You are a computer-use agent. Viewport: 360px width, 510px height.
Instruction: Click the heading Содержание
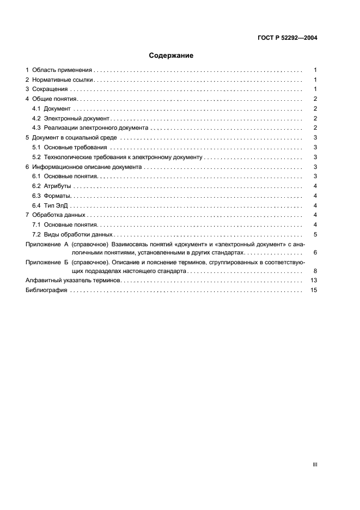coord(172,55)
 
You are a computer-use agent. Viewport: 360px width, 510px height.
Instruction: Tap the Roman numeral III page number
coord(315,464)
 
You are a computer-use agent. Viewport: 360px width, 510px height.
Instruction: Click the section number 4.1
coord(36,109)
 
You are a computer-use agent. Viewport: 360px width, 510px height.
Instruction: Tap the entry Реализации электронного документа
coord(96,128)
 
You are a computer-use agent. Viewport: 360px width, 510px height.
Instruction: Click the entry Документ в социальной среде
coord(75,138)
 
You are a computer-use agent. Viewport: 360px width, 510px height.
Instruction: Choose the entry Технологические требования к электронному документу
coord(123,157)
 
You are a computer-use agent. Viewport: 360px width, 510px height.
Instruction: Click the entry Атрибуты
coord(57,186)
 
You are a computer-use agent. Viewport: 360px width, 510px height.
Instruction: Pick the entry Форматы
coord(58,196)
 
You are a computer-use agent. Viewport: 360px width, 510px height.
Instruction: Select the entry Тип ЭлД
coord(56,205)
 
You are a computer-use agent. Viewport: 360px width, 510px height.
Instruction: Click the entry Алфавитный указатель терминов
coord(73,280)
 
